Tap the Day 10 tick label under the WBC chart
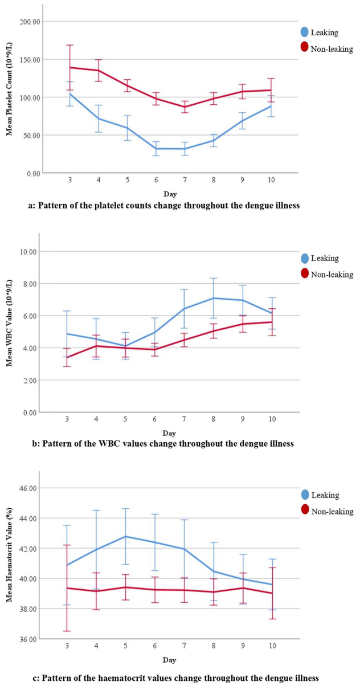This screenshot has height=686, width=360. point(272,419)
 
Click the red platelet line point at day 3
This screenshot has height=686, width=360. point(70,67)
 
